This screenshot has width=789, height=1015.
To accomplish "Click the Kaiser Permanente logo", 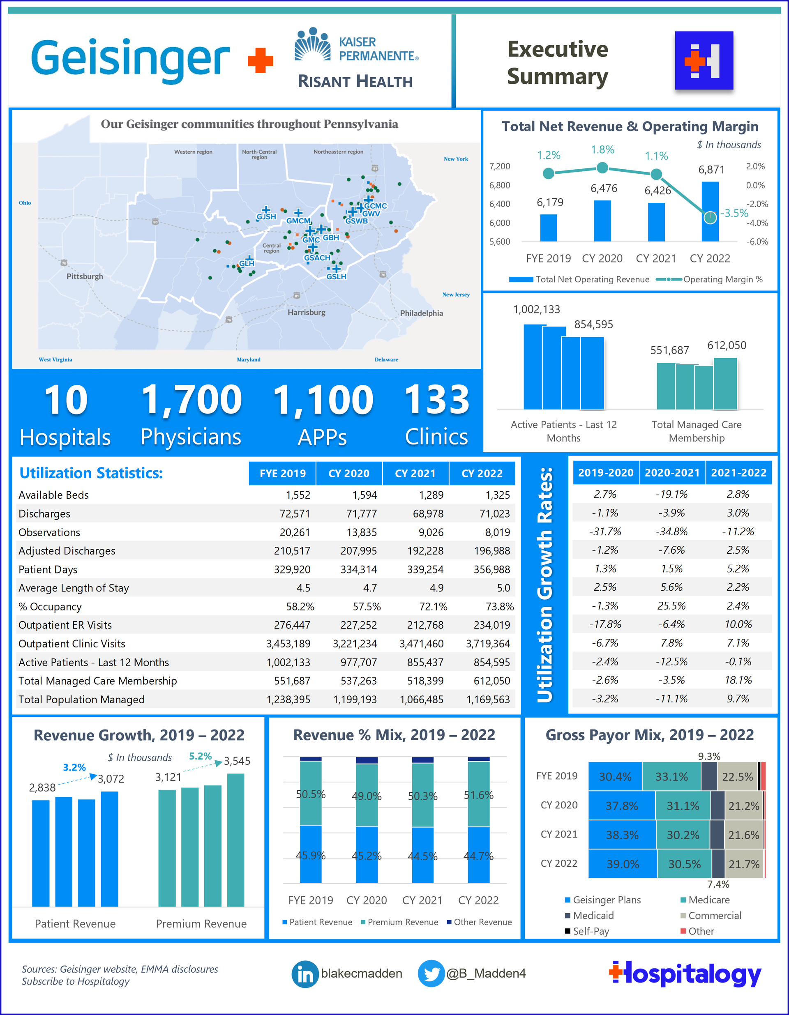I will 356,46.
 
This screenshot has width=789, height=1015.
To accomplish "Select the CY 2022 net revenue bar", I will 710,212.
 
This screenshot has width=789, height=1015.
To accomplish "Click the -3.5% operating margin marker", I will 710,217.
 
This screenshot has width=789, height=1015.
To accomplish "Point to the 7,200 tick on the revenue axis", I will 499,166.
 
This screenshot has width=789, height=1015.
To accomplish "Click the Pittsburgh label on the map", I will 85,276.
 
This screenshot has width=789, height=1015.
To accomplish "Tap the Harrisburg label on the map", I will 307,312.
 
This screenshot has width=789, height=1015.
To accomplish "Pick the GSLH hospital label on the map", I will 336,276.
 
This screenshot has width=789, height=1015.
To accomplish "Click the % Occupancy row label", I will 50,606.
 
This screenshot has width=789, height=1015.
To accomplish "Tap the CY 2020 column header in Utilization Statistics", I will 349,474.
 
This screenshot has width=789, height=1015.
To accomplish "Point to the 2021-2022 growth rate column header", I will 738,473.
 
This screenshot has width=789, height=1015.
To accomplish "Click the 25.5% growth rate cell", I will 671,606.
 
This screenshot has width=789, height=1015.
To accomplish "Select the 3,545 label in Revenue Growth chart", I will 237,761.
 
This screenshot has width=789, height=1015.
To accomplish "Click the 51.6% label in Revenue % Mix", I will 478,795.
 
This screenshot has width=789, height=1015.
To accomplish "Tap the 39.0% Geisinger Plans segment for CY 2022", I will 623,864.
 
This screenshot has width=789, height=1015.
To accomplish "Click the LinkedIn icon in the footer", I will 305,974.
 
